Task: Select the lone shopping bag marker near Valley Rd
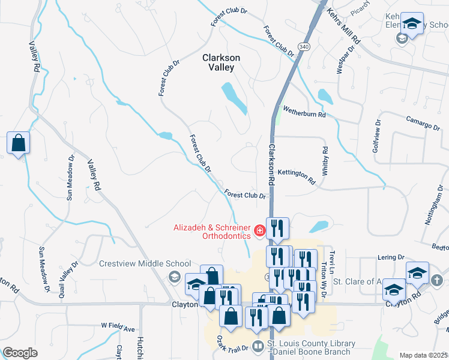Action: click(x=19, y=143)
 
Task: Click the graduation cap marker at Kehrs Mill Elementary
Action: click(x=412, y=24)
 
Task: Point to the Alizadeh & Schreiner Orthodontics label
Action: click(x=211, y=232)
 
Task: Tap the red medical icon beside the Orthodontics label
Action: click(x=260, y=229)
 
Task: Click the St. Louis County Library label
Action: click(x=312, y=347)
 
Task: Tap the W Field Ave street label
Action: click(x=118, y=327)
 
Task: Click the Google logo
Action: click(x=20, y=353)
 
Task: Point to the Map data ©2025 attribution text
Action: click(x=423, y=355)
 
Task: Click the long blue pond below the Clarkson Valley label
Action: click(x=234, y=98)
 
